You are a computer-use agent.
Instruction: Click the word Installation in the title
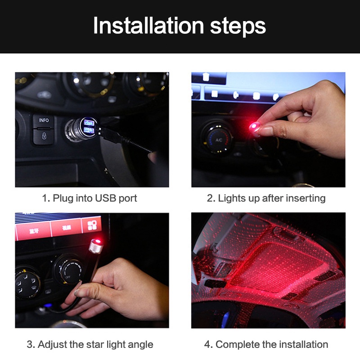click(148, 26)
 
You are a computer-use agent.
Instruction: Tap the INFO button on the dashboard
click(44, 121)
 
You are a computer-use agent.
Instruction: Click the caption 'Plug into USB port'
click(90, 198)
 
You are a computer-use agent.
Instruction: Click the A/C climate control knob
click(218, 139)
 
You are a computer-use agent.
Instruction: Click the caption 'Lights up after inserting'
click(266, 198)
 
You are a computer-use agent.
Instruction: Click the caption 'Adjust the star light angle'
click(90, 345)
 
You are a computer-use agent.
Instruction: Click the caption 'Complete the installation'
click(266, 345)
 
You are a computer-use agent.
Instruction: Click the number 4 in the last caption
click(207, 345)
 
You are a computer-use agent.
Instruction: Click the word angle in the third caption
click(140, 345)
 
